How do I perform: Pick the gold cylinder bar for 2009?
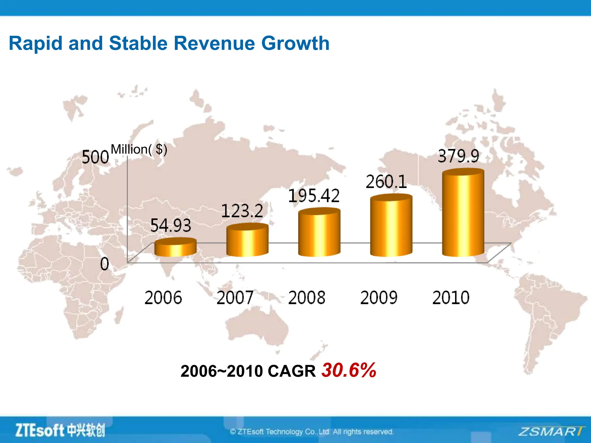coord(391,226)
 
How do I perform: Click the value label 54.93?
coord(171,225)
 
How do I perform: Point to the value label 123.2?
coord(242,211)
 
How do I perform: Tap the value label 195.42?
coord(314,196)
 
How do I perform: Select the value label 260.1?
coord(386,182)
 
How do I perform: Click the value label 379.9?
coord(458,156)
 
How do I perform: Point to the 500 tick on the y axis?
coord(95,157)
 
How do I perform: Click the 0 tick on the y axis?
coord(104,264)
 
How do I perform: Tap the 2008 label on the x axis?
coord(307,298)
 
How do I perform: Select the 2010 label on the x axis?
coord(451,298)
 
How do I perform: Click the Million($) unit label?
coord(139,149)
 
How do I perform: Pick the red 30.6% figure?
coord(349,370)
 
